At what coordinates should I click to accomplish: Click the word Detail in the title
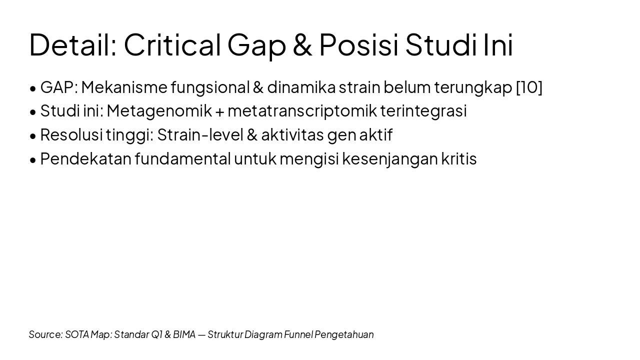pyautogui.click(x=72, y=44)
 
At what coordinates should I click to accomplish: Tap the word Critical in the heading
pyautogui.click(x=172, y=44)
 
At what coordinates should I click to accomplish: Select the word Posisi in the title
pyautogui.click(x=358, y=44)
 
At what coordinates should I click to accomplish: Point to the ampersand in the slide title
pyautogui.click(x=302, y=44)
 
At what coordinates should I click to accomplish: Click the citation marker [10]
pyautogui.click(x=529, y=87)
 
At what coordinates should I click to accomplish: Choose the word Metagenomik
pyautogui.click(x=159, y=111)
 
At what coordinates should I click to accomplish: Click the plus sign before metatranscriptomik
pyautogui.click(x=219, y=111)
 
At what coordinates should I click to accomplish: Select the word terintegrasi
pyautogui.click(x=423, y=111)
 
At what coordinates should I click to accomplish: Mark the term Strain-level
pyautogui.click(x=199, y=135)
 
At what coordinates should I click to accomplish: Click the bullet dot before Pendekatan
pyautogui.click(x=33, y=160)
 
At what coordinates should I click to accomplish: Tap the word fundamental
pyautogui.click(x=182, y=159)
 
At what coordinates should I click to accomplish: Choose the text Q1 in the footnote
pyautogui.click(x=156, y=334)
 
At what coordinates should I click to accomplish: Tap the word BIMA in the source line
pyautogui.click(x=184, y=334)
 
